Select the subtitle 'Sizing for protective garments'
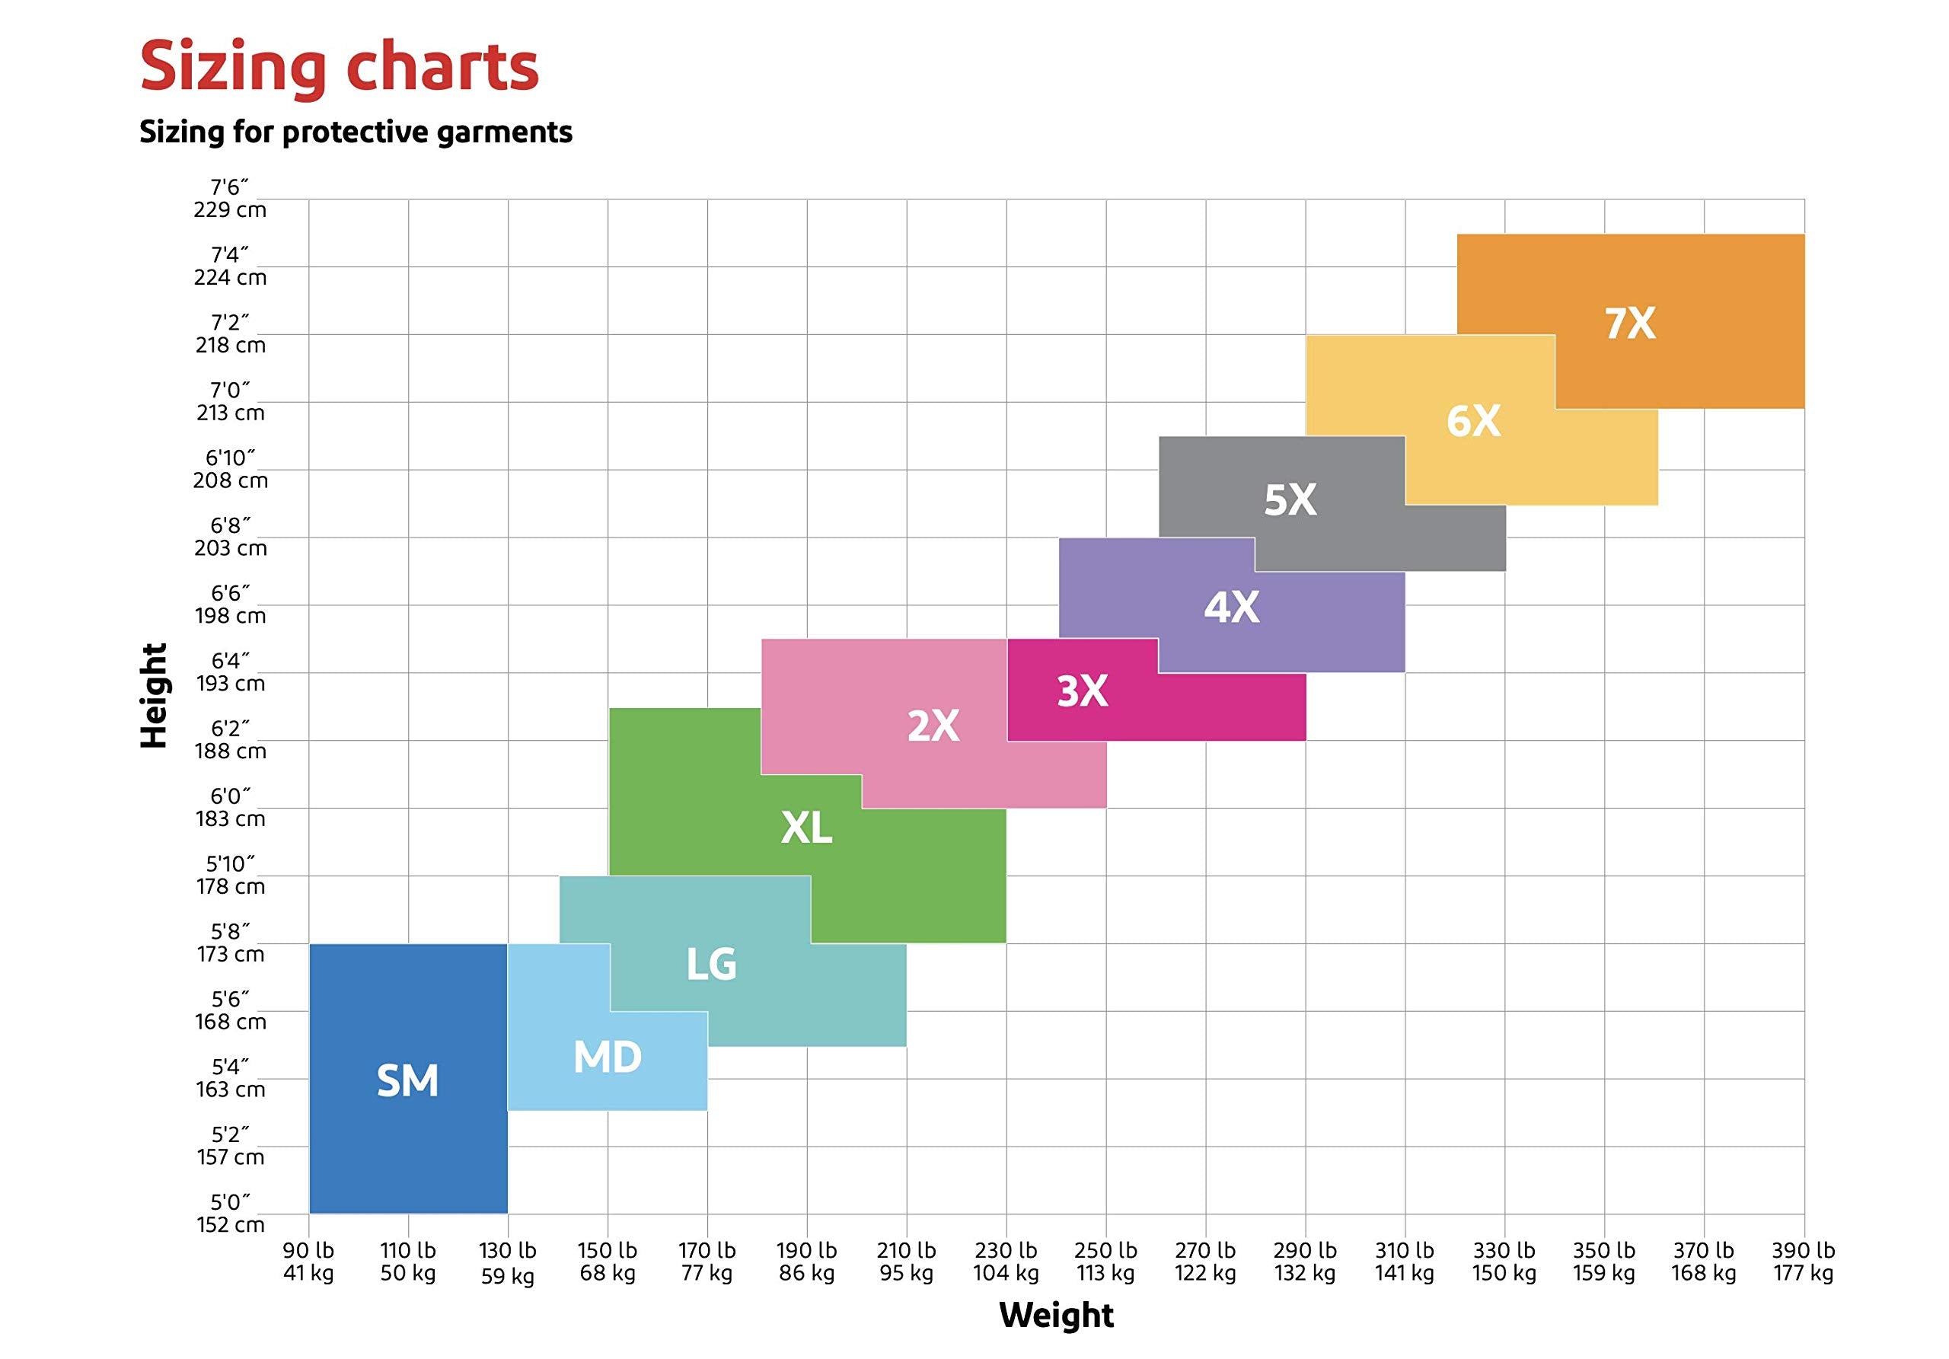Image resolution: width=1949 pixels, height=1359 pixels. click(x=356, y=132)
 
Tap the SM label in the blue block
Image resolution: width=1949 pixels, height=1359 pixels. click(x=407, y=1080)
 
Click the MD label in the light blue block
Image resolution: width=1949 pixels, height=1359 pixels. click(x=607, y=1057)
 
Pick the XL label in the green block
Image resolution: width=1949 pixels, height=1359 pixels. click(x=806, y=828)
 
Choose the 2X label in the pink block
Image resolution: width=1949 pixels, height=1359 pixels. click(x=933, y=726)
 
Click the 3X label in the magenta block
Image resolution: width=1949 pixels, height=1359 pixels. click(x=1083, y=692)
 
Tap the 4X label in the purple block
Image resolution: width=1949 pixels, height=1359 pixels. click(x=1232, y=607)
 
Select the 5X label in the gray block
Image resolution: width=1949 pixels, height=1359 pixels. click(x=1290, y=500)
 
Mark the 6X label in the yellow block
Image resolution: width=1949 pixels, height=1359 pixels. click(x=1474, y=421)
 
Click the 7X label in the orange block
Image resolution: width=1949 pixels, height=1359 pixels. click(x=1630, y=324)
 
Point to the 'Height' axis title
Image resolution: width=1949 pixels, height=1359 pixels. click(x=155, y=696)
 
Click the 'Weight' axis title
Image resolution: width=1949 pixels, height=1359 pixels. click(x=1056, y=1315)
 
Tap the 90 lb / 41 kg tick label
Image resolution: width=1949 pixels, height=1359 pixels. click(x=308, y=1262)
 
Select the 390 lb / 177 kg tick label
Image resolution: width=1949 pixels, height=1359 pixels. click(x=1803, y=1262)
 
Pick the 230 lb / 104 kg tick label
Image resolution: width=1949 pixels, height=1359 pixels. click(x=1006, y=1262)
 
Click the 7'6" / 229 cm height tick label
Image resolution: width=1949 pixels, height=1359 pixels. click(x=230, y=198)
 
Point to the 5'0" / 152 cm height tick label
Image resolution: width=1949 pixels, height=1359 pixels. click(x=230, y=1213)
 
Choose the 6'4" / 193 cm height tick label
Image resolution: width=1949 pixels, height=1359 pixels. click(x=230, y=672)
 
